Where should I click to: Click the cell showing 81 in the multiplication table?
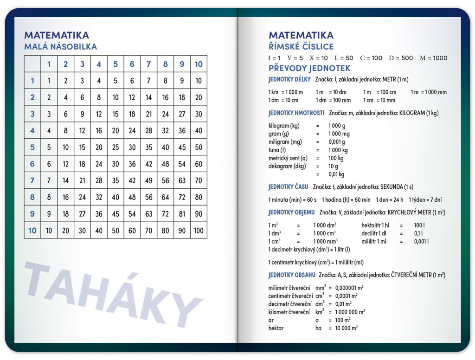[182, 214]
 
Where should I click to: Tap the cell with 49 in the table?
[148, 180]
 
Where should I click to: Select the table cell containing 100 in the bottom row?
[199, 231]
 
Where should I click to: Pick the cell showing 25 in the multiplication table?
[116, 148]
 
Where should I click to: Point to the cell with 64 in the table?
[165, 197]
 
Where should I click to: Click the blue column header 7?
[148, 64]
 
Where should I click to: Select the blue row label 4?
[32, 131]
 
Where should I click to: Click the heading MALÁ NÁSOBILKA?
[60, 46]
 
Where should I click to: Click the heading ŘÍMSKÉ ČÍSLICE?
[301, 46]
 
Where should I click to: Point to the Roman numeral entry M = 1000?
[433, 58]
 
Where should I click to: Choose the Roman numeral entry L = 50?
[343, 58]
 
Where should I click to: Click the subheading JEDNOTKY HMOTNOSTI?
[296, 113]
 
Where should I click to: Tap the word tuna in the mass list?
[274, 150]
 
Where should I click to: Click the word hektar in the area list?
[276, 328]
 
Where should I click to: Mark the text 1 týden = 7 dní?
[425, 200]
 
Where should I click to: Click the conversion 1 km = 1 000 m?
[285, 92]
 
